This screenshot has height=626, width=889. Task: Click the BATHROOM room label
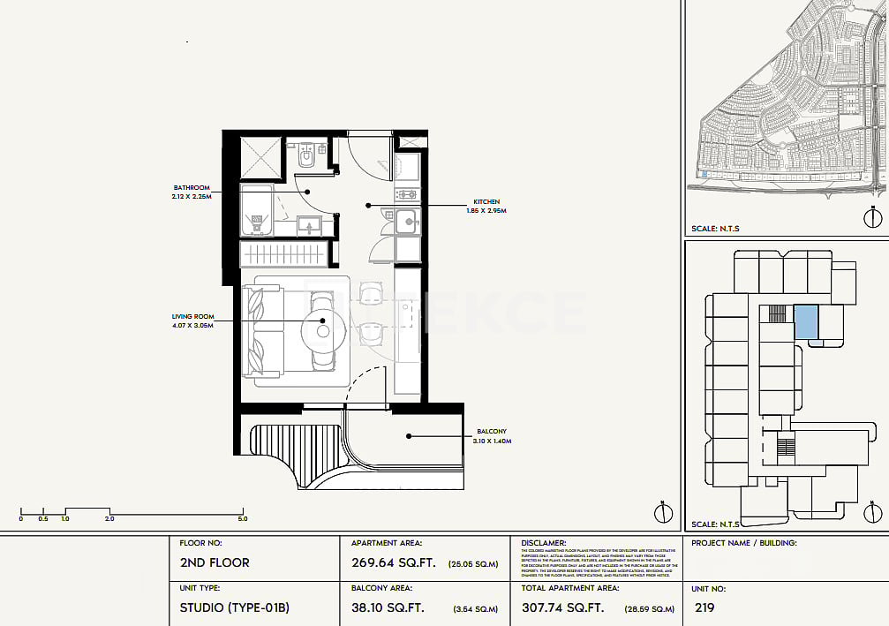click(x=192, y=187)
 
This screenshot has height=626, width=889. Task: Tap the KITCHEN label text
click(x=486, y=202)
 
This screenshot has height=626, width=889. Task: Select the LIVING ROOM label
click(x=192, y=316)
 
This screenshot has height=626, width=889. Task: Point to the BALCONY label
click(x=491, y=432)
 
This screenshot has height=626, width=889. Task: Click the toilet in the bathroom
click(x=305, y=156)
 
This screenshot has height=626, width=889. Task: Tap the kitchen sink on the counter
click(x=406, y=222)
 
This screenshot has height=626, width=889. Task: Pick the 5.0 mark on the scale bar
click(x=242, y=519)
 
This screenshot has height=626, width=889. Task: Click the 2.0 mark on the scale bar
click(x=109, y=519)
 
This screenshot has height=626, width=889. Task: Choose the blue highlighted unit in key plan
click(x=806, y=321)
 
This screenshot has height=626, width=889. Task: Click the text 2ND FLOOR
click(x=215, y=562)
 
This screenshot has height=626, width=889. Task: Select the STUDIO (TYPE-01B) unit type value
click(x=234, y=607)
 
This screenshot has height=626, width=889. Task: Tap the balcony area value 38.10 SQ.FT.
click(x=388, y=607)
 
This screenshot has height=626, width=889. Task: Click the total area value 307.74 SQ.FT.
click(x=563, y=607)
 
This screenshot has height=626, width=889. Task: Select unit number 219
click(x=704, y=607)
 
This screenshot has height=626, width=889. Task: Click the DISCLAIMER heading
click(x=544, y=543)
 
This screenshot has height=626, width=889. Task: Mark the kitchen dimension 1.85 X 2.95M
click(x=486, y=212)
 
